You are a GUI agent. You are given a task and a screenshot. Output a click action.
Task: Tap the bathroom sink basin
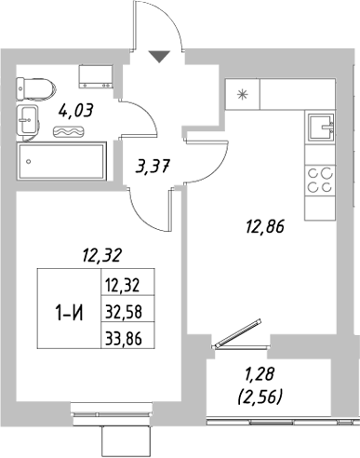click(x=28, y=119)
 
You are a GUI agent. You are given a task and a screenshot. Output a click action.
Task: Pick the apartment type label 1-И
click(x=64, y=311)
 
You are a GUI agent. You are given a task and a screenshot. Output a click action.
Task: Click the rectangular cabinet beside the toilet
click(x=95, y=74)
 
